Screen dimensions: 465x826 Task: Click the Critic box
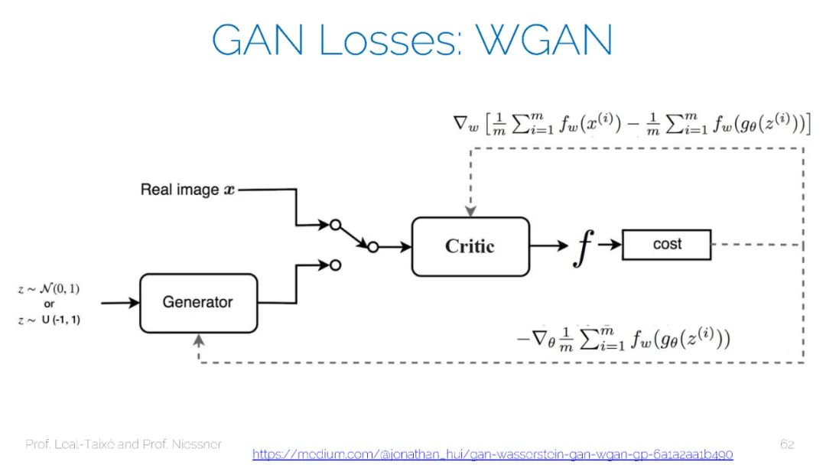(470, 246)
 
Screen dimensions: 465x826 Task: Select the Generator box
(197, 302)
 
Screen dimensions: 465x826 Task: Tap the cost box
(667, 245)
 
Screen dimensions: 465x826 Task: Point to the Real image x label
(188, 190)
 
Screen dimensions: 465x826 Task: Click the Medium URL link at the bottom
(493, 454)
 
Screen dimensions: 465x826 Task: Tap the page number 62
(787, 444)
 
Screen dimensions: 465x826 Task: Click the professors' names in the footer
(124, 444)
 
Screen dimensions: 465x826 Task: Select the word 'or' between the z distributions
(49, 304)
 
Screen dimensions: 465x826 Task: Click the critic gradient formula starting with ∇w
(632, 124)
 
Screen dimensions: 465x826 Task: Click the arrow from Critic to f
(548, 246)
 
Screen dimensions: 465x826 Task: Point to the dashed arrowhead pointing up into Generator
(199, 339)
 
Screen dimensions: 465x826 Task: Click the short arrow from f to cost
(610, 245)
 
